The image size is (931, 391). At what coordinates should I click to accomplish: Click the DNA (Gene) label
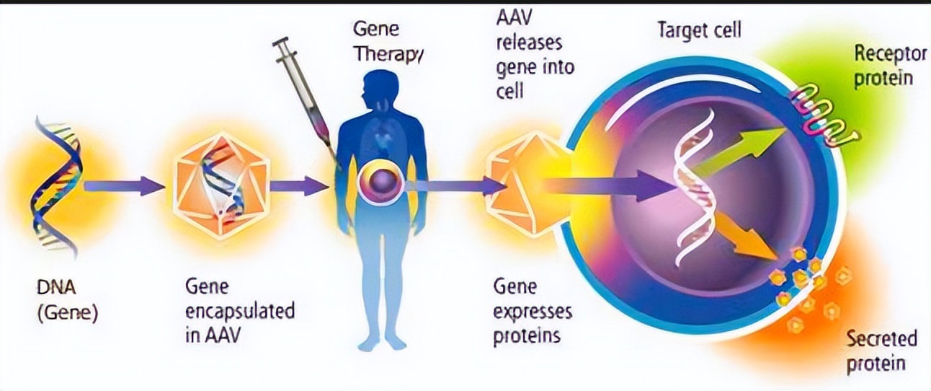coord(67,301)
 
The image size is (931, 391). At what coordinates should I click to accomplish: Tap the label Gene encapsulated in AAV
coord(240,311)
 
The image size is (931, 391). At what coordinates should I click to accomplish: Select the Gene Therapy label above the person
coord(388,42)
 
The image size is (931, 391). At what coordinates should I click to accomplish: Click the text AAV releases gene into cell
coord(535,55)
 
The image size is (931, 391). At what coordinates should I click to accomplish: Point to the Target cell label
coord(700,30)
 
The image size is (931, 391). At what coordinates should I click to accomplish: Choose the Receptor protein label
coord(890,66)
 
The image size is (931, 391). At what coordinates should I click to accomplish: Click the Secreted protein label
coord(881,351)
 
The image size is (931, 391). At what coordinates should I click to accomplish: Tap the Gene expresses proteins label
coord(533,312)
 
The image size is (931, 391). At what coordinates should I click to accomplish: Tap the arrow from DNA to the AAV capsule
coord(124,185)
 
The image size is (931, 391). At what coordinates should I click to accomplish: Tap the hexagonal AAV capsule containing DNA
coord(221,185)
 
